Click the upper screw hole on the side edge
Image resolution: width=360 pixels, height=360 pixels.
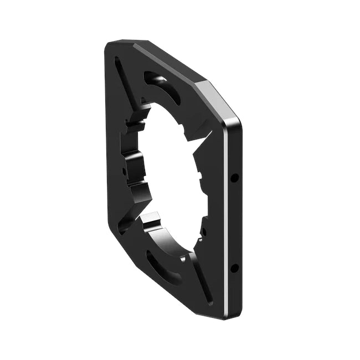[x=234, y=178]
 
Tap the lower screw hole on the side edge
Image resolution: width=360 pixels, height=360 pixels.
[x=234, y=268]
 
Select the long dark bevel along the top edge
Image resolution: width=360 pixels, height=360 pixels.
[x=166, y=64]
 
